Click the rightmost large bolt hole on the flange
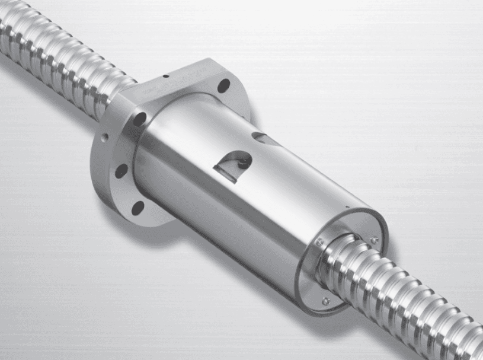tap(223, 86)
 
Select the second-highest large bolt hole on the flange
tap(140, 119)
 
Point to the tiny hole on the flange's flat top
tap(168, 76)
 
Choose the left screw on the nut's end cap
tap(319, 242)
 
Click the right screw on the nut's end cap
tap(374, 239)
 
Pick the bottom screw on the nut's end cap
tap(325, 301)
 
